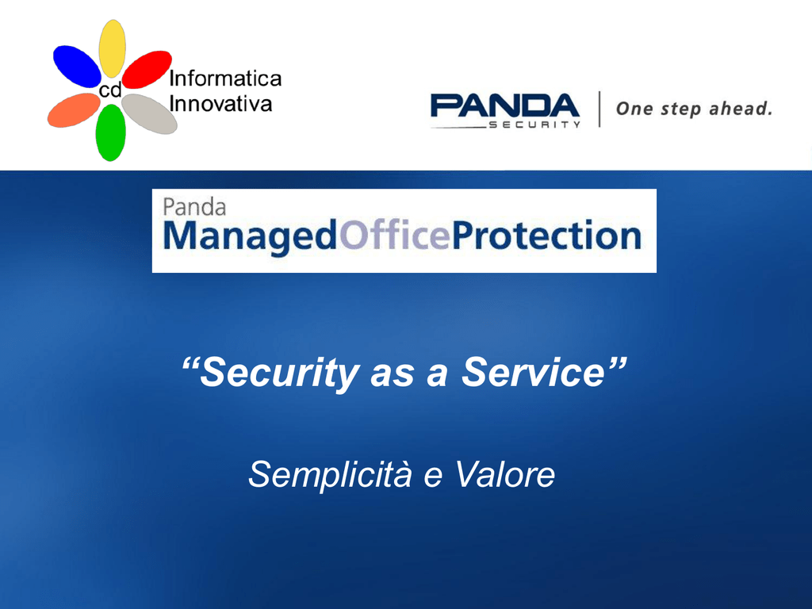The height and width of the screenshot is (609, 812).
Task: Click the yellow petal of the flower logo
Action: click(112, 48)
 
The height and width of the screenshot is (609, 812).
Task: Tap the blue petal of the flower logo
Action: click(77, 67)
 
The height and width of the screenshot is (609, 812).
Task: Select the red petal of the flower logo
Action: click(147, 70)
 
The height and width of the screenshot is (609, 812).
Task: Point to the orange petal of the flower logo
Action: click(74, 109)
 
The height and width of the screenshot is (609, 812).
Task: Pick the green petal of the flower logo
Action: click(110, 132)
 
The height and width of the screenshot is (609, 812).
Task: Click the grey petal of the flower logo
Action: click(150, 114)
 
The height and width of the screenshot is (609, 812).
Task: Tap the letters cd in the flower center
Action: click(109, 90)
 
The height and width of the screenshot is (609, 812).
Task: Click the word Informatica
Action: click(225, 79)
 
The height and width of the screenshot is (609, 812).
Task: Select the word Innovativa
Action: click(220, 104)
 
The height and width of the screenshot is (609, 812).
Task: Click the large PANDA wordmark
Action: click(505, 105)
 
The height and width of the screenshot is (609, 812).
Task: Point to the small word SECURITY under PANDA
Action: click(535, 124)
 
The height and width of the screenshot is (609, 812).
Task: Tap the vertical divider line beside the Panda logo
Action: click(599, 109)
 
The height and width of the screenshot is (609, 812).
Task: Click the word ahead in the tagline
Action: click(741, 109)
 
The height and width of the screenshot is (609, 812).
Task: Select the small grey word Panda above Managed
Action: click(194, 207)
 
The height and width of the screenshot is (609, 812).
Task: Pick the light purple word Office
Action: click(395, 235)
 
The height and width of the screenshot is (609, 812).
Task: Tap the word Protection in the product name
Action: click(547, 235)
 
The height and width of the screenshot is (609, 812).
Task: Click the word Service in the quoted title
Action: click(534, 372)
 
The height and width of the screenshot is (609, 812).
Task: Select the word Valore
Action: click(505, 474)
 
